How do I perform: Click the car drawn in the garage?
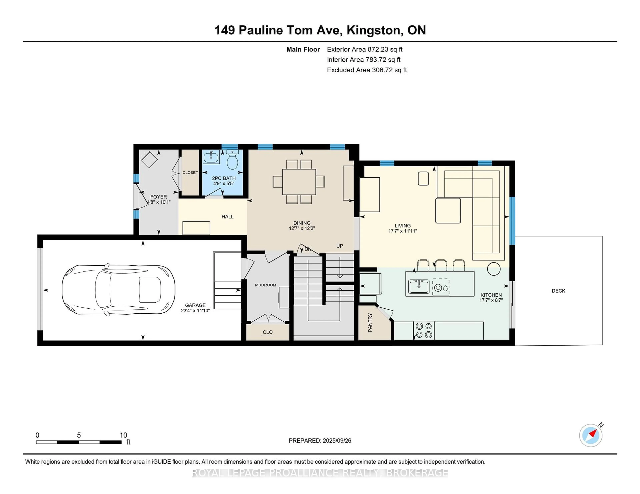coord(118,290)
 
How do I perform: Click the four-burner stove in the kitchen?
coord(424,330)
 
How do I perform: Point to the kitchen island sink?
coord(419,286)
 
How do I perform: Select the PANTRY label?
coord(370,323)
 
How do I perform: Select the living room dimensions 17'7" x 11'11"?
coord(403,231)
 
